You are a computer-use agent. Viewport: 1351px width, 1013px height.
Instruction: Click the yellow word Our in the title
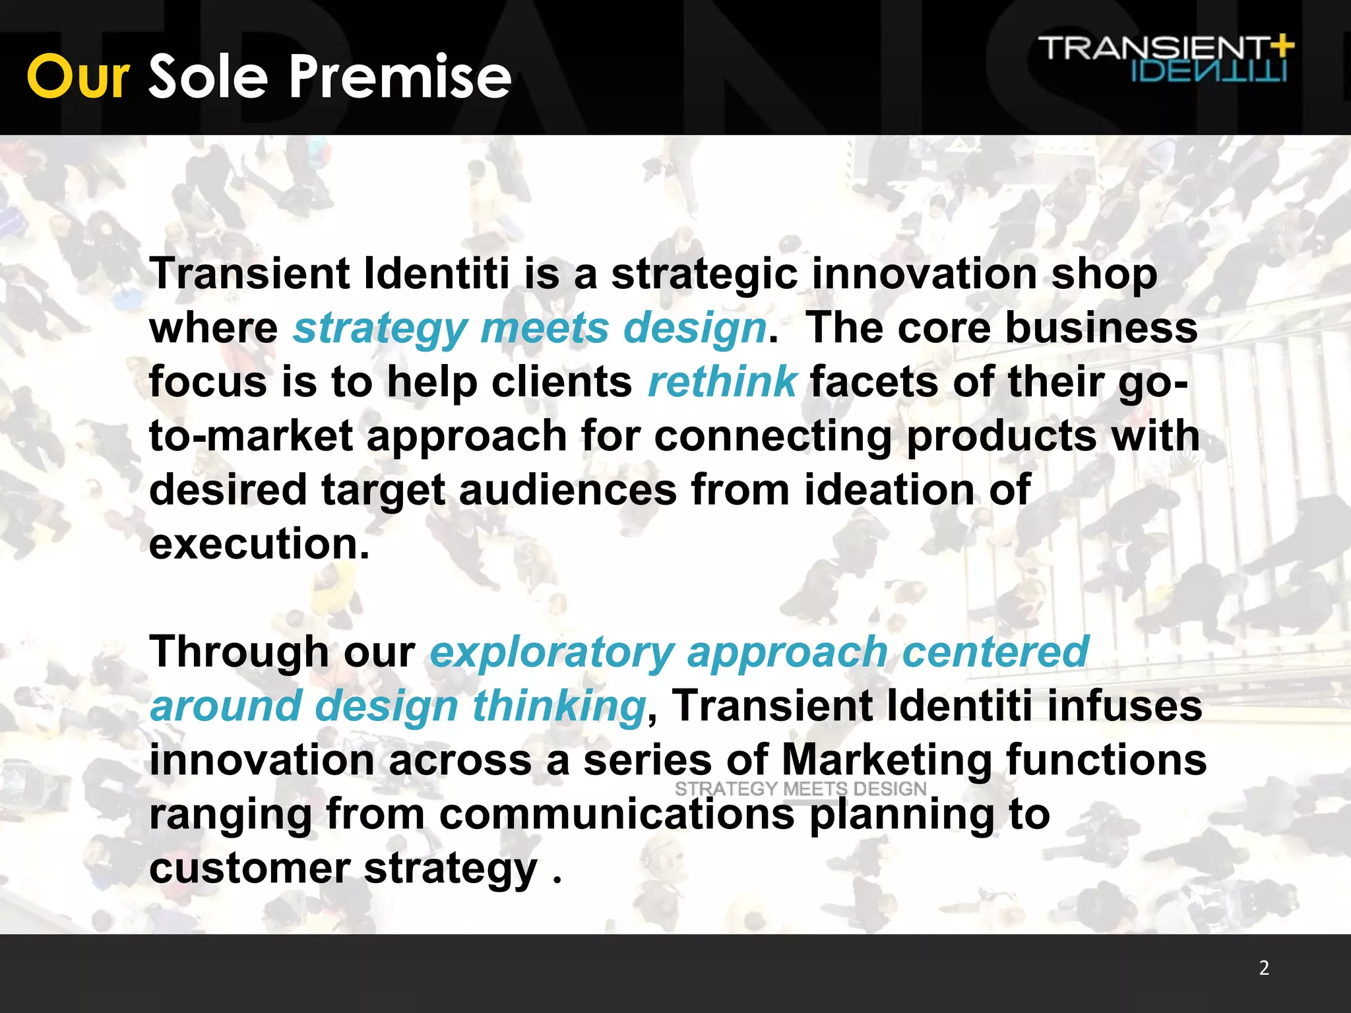[78, 77]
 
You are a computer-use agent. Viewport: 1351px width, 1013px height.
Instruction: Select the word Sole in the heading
[208, 77]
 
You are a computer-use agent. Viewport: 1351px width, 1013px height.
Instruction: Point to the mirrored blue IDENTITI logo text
[1209, 71]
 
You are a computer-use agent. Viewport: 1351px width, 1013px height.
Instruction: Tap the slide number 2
[1264, 967]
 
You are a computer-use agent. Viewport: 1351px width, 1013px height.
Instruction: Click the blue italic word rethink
[722, 382]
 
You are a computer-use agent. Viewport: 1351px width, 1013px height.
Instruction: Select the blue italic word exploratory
[551, 653]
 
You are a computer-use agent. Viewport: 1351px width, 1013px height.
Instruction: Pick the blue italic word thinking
[559, 706]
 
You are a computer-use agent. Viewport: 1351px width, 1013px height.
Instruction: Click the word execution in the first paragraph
[259, 545]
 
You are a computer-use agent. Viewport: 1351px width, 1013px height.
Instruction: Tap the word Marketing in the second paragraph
[886, 760]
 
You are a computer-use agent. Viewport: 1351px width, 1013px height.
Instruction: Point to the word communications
[617, 814]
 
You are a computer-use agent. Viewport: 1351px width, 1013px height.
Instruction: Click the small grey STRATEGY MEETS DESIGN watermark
[800, 789]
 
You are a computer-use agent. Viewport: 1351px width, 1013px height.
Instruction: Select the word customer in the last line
[249, 869]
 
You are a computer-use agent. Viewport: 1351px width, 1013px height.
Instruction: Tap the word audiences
[567, 490]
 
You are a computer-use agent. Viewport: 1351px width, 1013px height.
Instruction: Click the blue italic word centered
[995, 652]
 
